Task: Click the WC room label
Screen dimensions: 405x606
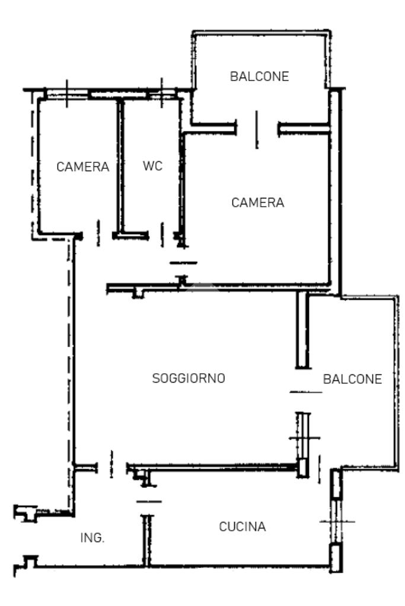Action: pyautogui.click(x=152, y=166)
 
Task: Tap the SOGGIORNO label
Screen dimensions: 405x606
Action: pyautogui.click(x=189, y=378)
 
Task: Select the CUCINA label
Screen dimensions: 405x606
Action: pyautogui.click(x=242, y=526)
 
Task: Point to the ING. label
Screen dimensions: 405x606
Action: pyautogui.click(x=93, y=538)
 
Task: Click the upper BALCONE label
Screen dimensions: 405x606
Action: pyautogui.click(x=260, y=76)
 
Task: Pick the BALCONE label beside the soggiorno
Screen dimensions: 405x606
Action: pyautogui.click(x=352, y=379)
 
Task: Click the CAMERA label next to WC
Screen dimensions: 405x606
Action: pyautogui.click(x=83, y=167)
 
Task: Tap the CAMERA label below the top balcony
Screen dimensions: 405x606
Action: pyautogui.click(x=258, y=203)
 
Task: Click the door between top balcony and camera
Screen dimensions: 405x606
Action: pyautogui.click(x=257, y=127)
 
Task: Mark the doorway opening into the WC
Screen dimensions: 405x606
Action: pyautogui.click(x=160, y=235)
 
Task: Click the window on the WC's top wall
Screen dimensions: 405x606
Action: pyautogui.click(x=161, y=94)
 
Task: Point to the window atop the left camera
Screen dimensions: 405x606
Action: pyautogui.click(x=66, y=94)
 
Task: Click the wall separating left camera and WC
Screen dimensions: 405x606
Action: pyautogui.click(x=120, y=166)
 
